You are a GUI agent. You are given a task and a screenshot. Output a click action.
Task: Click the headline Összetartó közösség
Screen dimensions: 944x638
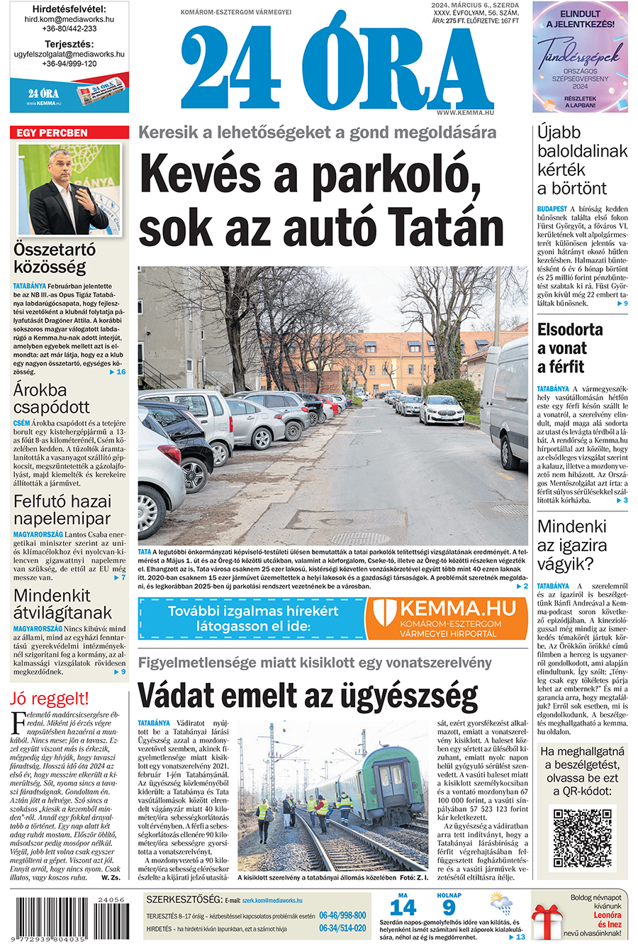tap(55, 258)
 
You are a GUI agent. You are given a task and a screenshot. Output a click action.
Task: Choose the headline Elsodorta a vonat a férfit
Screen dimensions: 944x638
tap(570, 348)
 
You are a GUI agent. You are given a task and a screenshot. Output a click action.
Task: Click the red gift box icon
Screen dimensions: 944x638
tap(547, 921)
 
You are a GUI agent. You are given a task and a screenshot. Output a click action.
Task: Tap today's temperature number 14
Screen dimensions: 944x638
tap(403, 907)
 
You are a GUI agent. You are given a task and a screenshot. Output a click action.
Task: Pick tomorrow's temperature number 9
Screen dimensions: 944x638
tap(449, 907)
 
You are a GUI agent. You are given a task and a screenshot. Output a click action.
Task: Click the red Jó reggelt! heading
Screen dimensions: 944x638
tap(50, 698)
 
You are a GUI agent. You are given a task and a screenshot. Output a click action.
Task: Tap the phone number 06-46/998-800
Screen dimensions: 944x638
tap(342, 916)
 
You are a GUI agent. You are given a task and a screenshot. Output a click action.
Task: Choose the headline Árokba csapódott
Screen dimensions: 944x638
tap(52, 399)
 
